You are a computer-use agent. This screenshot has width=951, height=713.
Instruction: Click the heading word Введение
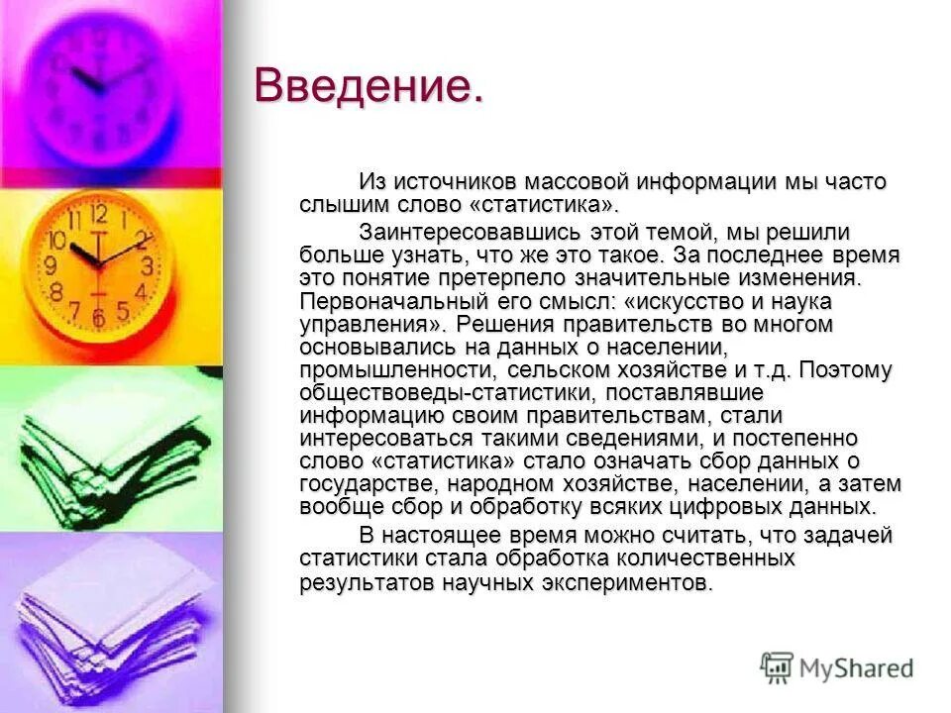pyautogui.click(x=369, y=86)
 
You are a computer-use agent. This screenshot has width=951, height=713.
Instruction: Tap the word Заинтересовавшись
pyautogui.click(x=466, y=233)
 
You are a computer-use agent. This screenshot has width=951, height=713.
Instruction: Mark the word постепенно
pyautogui.click(x=800, y=439)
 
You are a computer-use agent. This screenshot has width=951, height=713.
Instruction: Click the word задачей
pyautogui.click(x=849, y=536)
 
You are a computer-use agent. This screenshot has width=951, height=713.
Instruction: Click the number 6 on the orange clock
pyautogui.click(x=98, y=317)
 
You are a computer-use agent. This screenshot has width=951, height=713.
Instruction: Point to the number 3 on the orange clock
pyautogui.click(x=147, y=265)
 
